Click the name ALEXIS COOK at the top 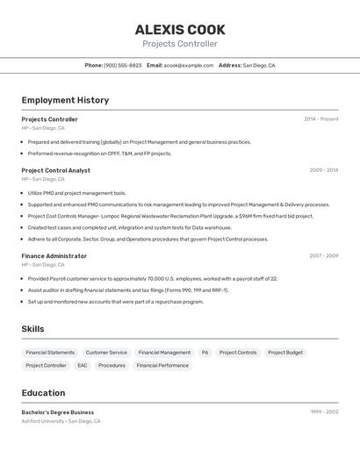(180, 29)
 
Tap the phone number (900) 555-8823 (123, 65)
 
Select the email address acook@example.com (188, 65)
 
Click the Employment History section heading (65, 100)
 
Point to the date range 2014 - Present (320, 119)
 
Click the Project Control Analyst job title (55, 170)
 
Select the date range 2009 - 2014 (323, 170)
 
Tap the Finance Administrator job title (54, 256)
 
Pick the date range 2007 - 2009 (323, 256)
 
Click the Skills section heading (32, 329)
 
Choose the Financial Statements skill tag (50, 353)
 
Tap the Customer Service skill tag (106, 353)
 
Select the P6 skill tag (205, 353)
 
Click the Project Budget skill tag (285, 353)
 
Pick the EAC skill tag (83, 366)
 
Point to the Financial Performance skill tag (162, 366)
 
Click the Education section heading (43, 393)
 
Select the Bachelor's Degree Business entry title (57, 412)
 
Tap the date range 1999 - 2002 (324, 412)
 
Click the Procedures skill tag (112, 366)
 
